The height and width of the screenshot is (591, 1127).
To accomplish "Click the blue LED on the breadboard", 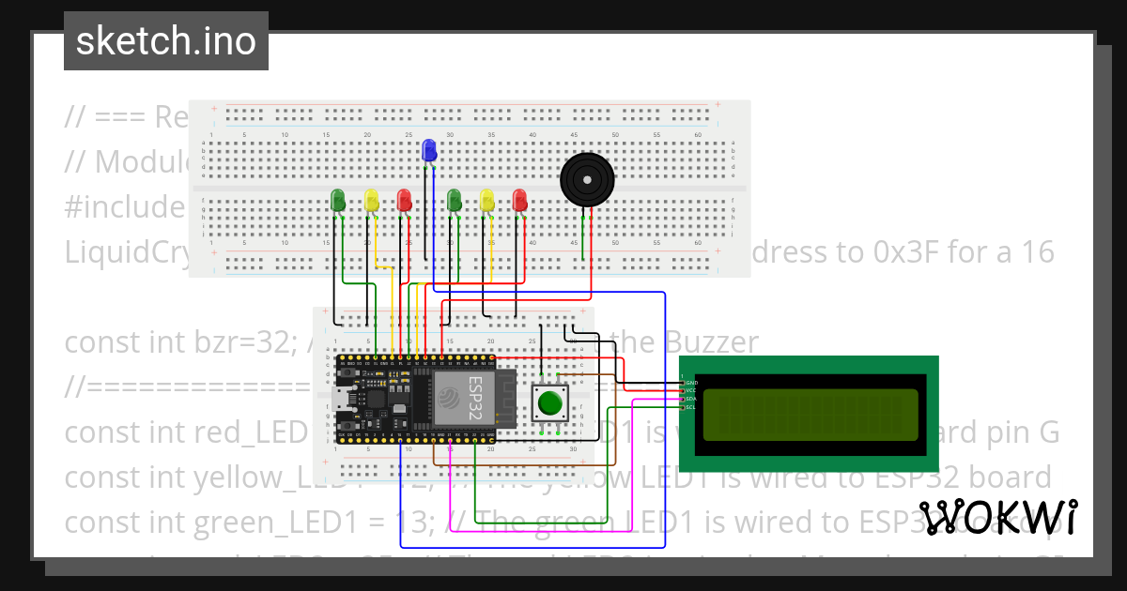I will pos(429,151).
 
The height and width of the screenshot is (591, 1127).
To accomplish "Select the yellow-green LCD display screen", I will pos(810,415).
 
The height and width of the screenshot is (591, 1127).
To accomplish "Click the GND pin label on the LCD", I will pos(691,383).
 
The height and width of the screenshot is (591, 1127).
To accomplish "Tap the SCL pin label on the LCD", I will pos(691,407).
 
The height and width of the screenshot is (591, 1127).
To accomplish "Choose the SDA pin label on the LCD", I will pos(691,399).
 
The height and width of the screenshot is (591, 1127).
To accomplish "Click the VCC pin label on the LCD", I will pos(691,390).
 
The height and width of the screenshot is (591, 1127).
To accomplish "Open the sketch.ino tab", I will pos(166,41).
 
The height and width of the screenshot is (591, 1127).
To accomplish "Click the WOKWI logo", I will pos(997,517).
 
